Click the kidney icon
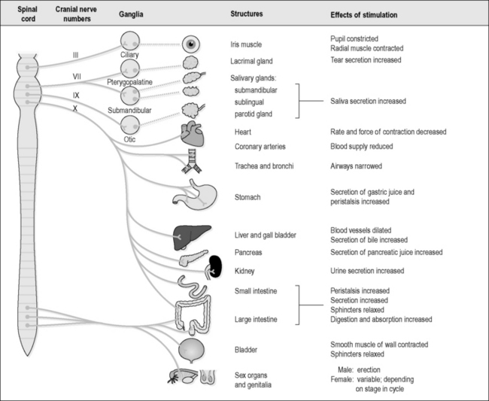(x=217, y=265)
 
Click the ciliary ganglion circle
(x=130, y=41)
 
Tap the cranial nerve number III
(x=76, y=54)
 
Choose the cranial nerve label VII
(x=76, y=77)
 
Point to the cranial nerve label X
(x=74, y=108)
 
